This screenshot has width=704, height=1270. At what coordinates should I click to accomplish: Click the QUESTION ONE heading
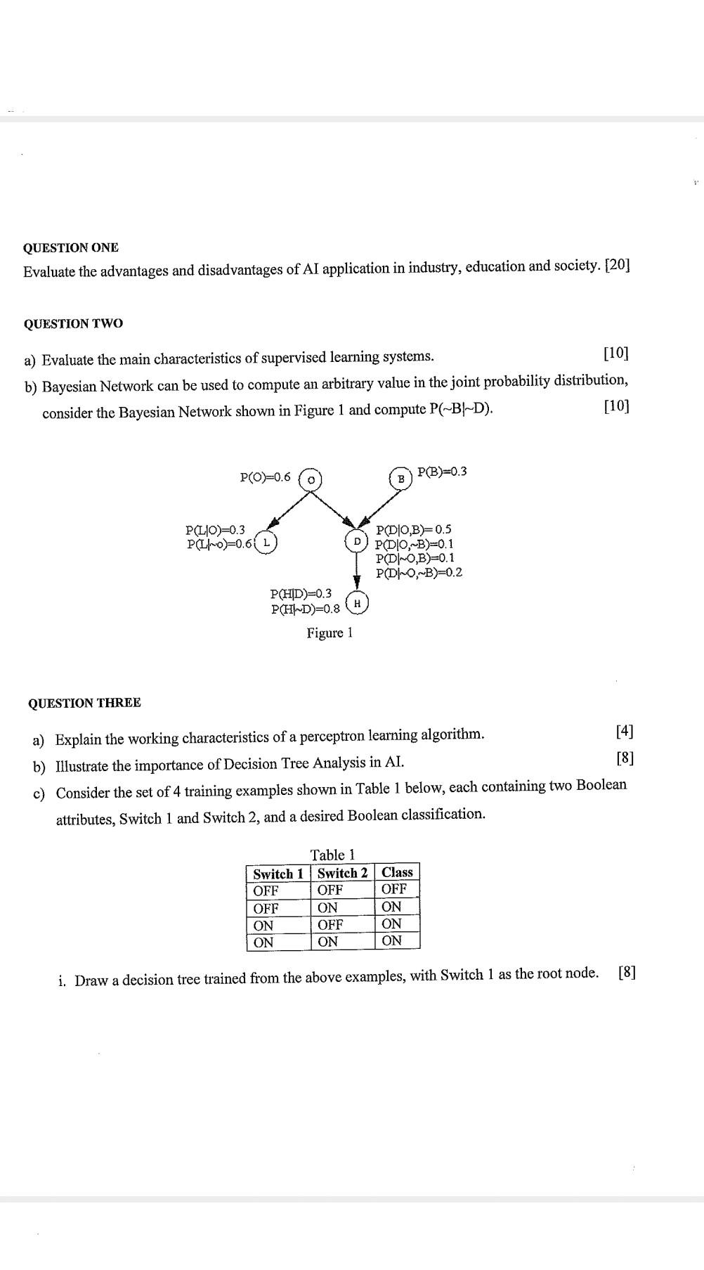[70, 247]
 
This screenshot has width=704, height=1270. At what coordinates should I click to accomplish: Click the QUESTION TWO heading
[73, 323]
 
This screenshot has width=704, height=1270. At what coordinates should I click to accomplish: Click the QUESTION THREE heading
[84, 703]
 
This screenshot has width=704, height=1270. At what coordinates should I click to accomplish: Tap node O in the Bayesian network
[311, 479]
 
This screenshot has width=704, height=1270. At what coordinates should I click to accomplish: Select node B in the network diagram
[401, 478]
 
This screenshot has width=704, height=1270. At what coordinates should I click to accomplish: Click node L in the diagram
[266, 543]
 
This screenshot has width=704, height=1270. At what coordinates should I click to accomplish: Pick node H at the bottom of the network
[357, 603]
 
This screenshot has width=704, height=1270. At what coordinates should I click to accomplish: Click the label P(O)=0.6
[265, 477]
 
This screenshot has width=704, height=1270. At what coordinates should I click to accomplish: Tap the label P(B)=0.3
[442, 471]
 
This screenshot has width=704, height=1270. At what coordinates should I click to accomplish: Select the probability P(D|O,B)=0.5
[414, 529]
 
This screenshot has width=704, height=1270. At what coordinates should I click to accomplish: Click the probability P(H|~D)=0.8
[305, 609]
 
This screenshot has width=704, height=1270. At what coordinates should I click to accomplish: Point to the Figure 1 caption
[330, 633]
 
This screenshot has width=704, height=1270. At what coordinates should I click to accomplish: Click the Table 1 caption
[332, 855]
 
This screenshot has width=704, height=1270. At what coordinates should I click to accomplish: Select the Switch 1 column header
[278, 874]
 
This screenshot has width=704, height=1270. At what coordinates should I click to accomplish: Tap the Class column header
[397, 872]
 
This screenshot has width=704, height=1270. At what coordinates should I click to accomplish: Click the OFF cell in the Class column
[394, 889]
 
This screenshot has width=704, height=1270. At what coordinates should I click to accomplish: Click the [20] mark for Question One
[617, 265]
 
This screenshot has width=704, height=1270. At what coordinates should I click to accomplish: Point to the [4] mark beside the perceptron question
[624, 731]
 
